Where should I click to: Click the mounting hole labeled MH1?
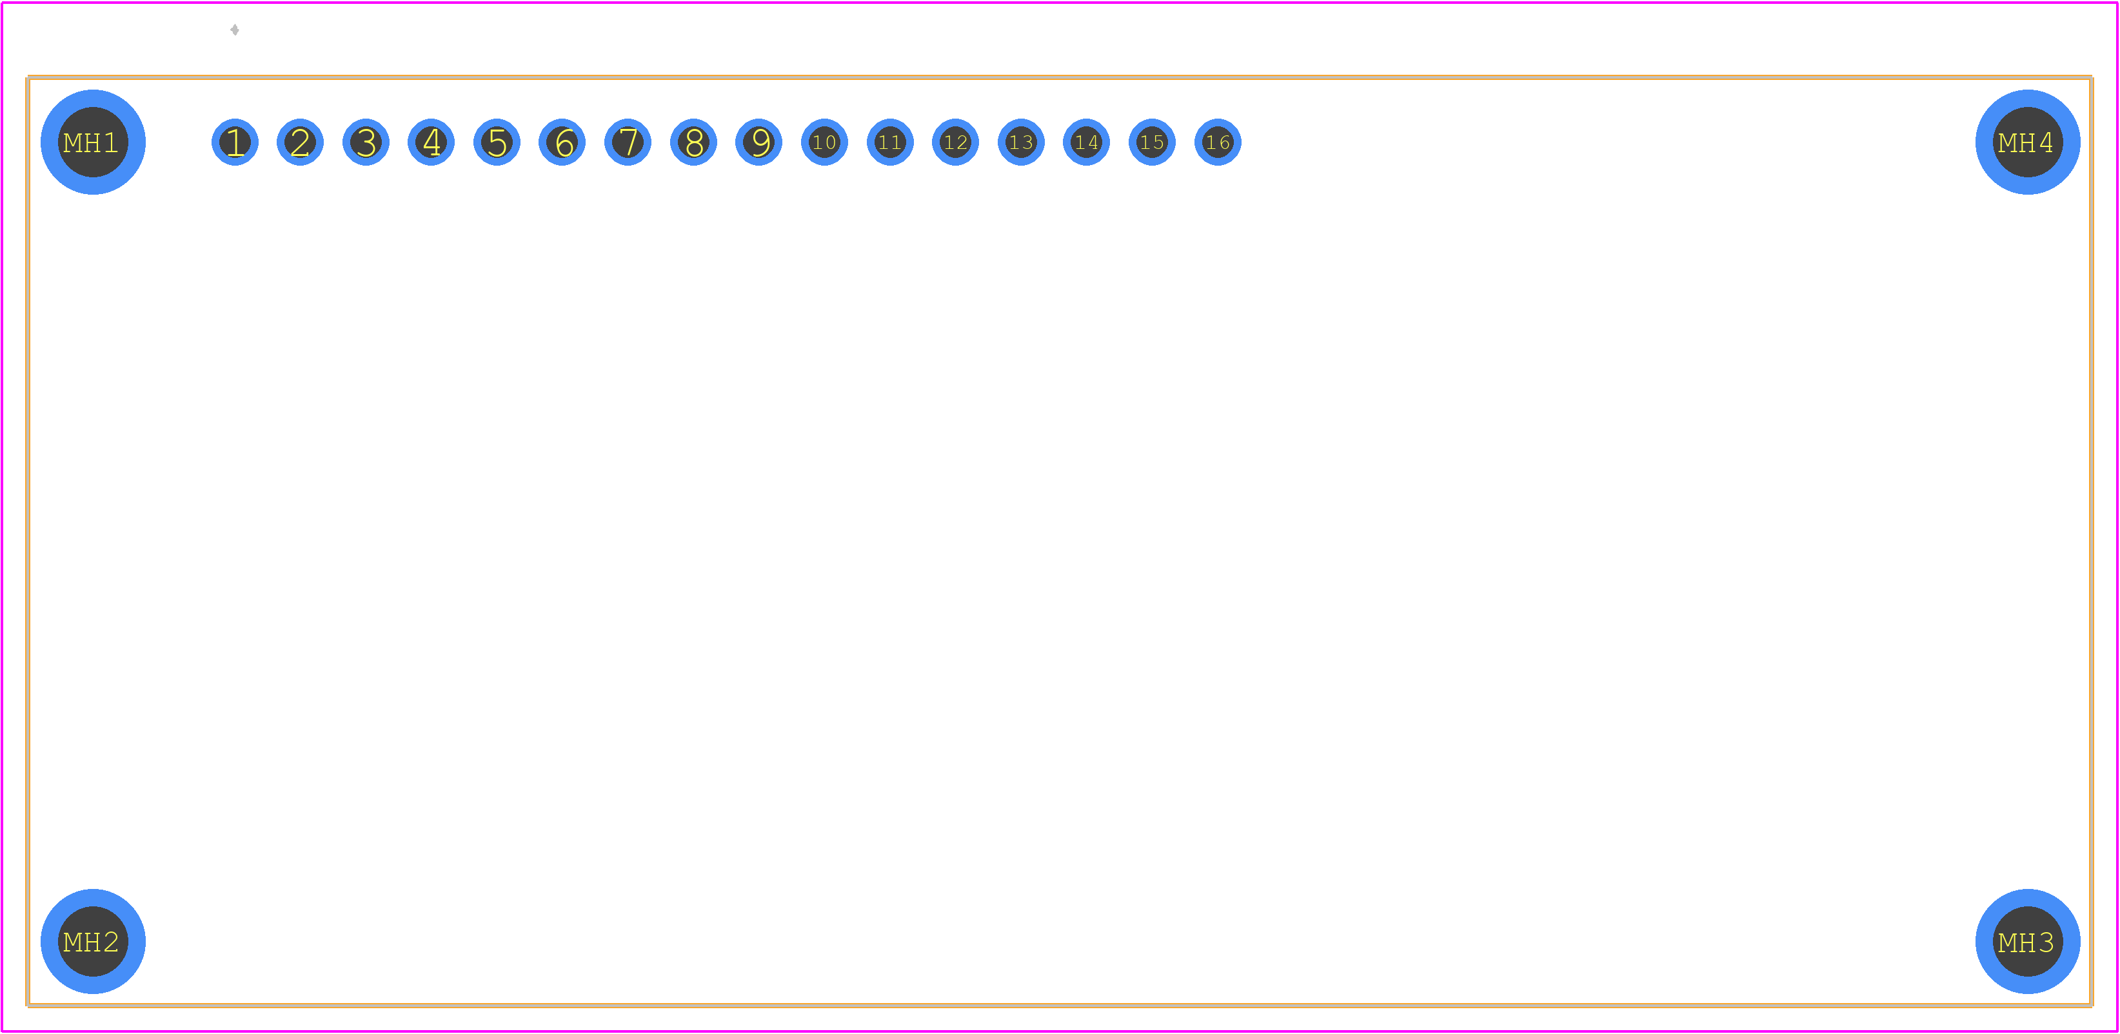pos(93,142)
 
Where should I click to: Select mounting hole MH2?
pos(93,941)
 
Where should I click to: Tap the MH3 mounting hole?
pos(2028,941)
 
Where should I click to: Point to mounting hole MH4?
pos(2028,142)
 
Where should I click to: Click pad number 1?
pos(235,142)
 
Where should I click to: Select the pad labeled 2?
pos(301,142)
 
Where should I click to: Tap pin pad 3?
pos(366,142)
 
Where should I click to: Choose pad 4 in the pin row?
pos(431,142)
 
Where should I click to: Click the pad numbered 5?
pos(497,142)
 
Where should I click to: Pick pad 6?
pos(562,142)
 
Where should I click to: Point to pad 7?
pos(628,142)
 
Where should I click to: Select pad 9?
pos(758,142)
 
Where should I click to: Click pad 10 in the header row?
pos(825,142)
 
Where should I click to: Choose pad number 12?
pos(955,142)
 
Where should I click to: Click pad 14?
pos(1086,142)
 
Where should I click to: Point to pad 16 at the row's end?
pos(1218,142)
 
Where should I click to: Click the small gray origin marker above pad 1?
pos(235,30)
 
